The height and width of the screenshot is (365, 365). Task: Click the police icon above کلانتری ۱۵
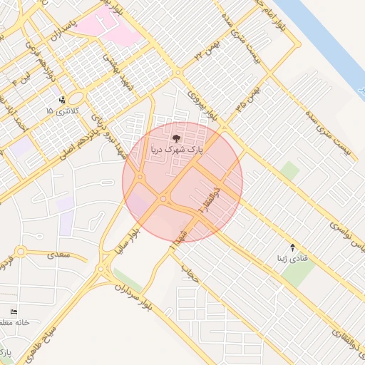pos(62,100)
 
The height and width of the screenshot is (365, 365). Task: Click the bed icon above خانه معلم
pos(14,312)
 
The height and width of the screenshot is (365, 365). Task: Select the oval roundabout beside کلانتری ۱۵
pos(75,98)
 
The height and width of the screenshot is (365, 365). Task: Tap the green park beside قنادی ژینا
pos(297,272)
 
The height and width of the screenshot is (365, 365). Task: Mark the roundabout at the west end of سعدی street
pos(20,252)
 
